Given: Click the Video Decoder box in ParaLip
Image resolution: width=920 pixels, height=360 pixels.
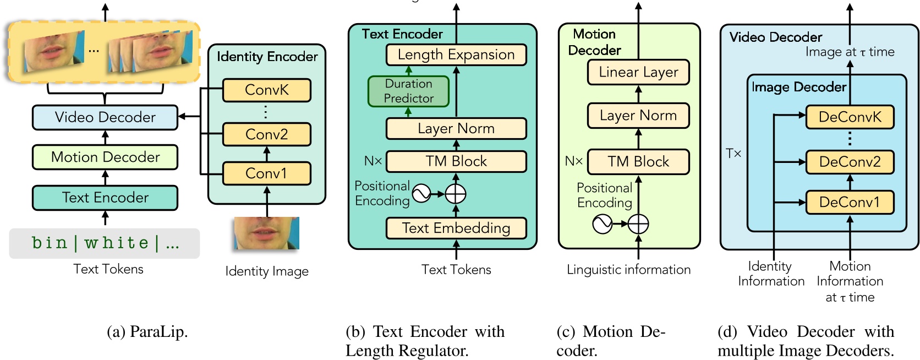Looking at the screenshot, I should click(x=105, y=117).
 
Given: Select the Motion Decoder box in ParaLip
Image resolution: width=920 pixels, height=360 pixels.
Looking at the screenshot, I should click(x=105, y=157).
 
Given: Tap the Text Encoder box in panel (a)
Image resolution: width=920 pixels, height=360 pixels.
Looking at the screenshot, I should click(x=105, y=198).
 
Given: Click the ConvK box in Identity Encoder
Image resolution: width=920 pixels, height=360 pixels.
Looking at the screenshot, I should click(x=266, y=90).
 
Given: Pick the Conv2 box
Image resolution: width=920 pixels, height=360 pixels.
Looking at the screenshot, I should click(x=266, y=134).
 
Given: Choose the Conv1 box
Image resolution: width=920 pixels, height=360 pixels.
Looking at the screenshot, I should click(x=266, y=173).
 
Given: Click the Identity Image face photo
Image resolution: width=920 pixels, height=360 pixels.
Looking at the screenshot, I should click(x=266, y=233).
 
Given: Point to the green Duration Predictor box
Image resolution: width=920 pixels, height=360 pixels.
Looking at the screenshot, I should click(x=408, y=91).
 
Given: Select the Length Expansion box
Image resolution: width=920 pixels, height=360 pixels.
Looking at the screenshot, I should click(x=456, y=54).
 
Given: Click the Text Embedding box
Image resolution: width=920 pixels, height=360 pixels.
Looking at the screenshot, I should click(x=456, y=228).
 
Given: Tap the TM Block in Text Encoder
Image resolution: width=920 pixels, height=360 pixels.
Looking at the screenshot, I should click(x=456, y=161).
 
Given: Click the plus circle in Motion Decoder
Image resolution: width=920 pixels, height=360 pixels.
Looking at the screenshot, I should click(x=638, y=224).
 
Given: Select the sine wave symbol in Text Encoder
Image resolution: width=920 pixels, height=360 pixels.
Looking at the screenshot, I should click(x=421, y=194).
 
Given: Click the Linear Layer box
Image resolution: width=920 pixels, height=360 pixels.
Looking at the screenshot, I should click(x=638, y=72).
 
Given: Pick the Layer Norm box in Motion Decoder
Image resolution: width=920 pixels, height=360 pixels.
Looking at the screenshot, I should click(x=638, y=116).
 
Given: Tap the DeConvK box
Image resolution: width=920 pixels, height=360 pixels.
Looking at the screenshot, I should click(x=850, y=117).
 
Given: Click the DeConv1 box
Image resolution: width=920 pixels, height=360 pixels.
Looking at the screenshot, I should click(x=850, y=203).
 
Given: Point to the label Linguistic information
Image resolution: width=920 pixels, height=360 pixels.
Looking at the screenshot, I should click(x=628, y=270).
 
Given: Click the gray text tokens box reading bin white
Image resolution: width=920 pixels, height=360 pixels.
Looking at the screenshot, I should click(x=105, y=243).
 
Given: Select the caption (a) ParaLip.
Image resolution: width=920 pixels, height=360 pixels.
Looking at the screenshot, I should click(x=147, y=332).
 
